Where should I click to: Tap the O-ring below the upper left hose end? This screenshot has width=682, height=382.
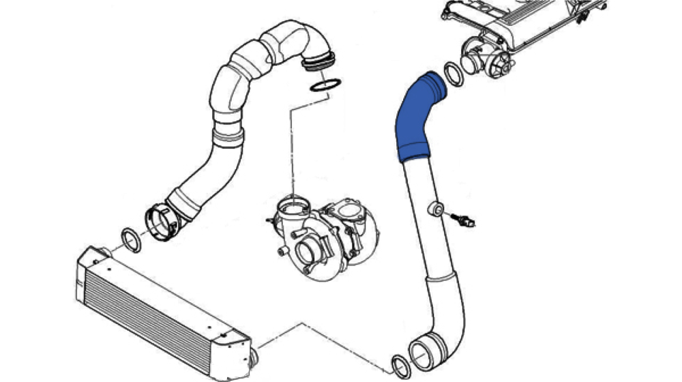325,85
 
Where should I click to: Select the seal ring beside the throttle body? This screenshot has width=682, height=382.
454,74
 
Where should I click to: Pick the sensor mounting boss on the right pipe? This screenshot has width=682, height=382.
435,207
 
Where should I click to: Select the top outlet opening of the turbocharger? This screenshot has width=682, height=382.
291,204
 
